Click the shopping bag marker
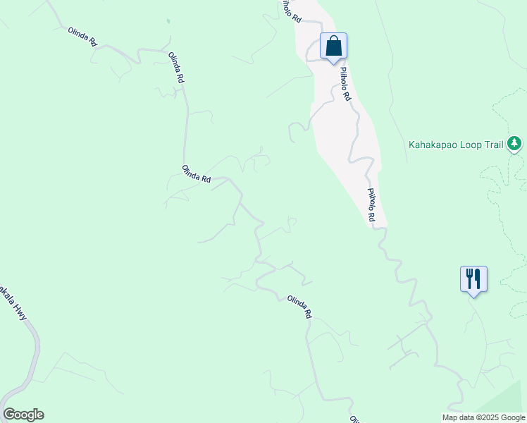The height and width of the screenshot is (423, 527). [334, 47]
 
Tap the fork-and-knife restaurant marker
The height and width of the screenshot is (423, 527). [473, 279]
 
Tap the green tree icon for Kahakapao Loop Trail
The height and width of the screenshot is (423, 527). [515, 144]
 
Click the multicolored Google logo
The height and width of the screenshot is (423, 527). [23, 415]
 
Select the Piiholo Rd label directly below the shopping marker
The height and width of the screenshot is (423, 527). [345, 83]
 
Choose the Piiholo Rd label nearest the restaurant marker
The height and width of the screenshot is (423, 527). [371, 206]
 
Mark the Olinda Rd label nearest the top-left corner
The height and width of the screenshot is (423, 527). [82, 36]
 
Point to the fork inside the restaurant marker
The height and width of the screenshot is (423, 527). [469, 278]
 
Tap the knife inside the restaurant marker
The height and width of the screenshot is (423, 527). [478, 278]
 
